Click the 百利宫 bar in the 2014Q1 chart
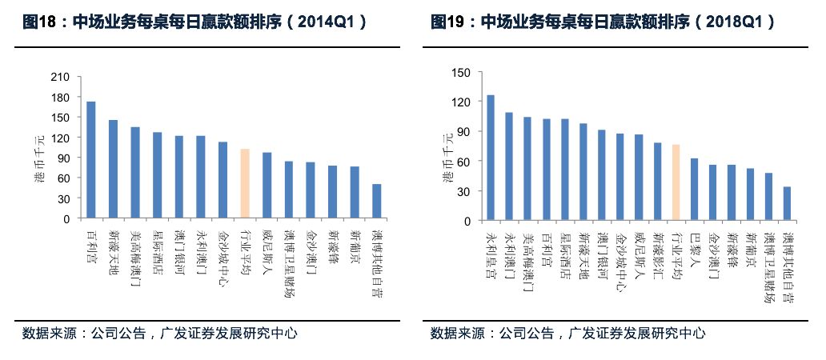click(91, 160)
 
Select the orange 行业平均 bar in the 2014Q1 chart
click(245, 183)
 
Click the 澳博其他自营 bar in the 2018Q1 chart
click(788, 203)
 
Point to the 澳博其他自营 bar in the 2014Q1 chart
click(376, 201)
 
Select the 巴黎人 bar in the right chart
click(694, 189)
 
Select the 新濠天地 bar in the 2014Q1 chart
click(113, 169)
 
